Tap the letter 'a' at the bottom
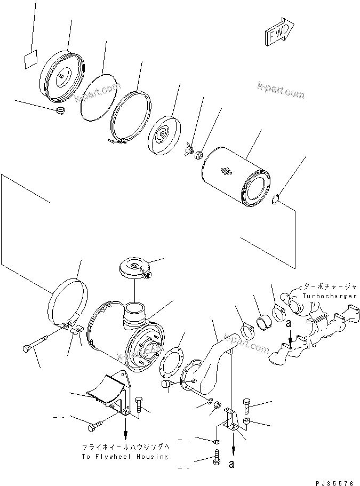pos(231,464)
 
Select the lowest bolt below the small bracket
pos(217,458)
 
